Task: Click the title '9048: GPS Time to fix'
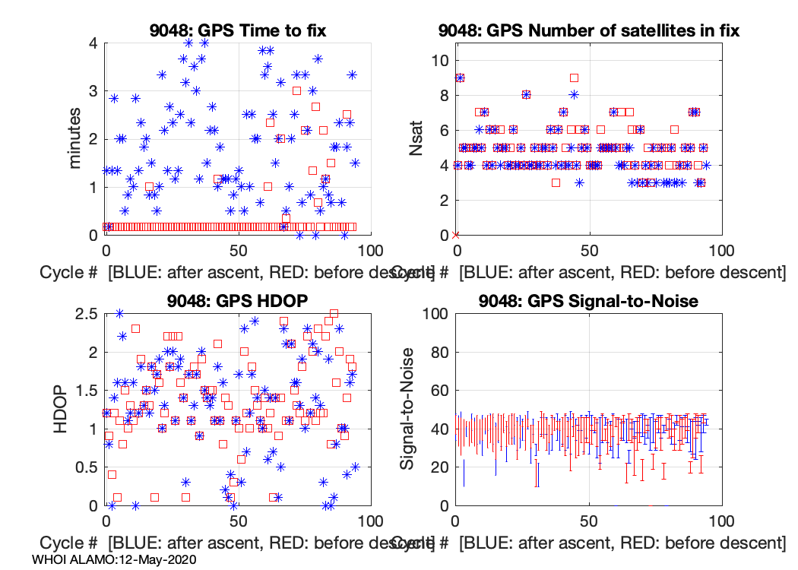click(238, 31)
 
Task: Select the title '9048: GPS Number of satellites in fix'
click(588, 31)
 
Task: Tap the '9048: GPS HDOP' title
click(238, 301)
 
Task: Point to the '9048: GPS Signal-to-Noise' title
click(588, 301)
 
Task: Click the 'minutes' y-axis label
click(75, 139)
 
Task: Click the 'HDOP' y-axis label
click(63, 409)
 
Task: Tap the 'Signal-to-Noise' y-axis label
click(408, 409)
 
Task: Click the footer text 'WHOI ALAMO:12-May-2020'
click(115, 559)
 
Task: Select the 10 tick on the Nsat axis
click(438, 61)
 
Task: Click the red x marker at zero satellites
click(455, 235)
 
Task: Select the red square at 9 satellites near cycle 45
click(575, 78)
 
